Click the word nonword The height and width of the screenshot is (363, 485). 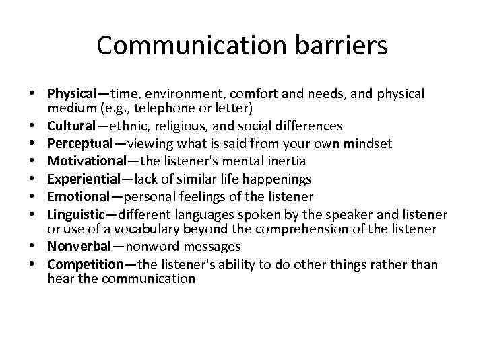152,247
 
